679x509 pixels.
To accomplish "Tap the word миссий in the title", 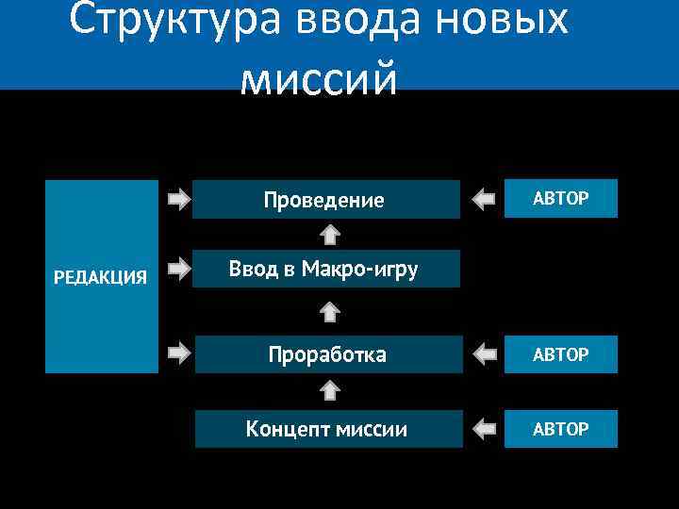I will click(x=320, y=79).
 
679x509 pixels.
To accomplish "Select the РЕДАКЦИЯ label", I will click(x=100, y=276).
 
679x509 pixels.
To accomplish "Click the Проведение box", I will click(x=325, y=200).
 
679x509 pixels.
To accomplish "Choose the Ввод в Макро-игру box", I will click(x=325, y=270).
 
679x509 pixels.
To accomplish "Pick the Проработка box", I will click(x=327, y=354).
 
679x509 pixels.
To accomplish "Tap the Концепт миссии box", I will click(x=328, y=430).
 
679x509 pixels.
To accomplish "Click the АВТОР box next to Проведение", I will click(x=561, y=198).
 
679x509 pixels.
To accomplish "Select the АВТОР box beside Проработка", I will click(x=561, y=354).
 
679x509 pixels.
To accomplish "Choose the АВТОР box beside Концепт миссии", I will click(x=561, y=430).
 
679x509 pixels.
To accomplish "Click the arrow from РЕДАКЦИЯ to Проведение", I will click(x=177, y=199).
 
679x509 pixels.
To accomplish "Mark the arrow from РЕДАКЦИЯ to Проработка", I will click(x=177, y=353).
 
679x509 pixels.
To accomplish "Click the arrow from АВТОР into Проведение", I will click(x=484, y=199).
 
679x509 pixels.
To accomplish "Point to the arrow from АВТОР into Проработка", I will click(x=484, y=354).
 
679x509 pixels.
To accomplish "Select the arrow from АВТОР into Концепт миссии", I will click(x=484, y=430).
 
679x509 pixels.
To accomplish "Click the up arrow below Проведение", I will click(x=329, y=233).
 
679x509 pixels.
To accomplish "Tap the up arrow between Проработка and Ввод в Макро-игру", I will click(x=329, y=311).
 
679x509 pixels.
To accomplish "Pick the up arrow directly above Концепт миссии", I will click(x=329, y=390).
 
